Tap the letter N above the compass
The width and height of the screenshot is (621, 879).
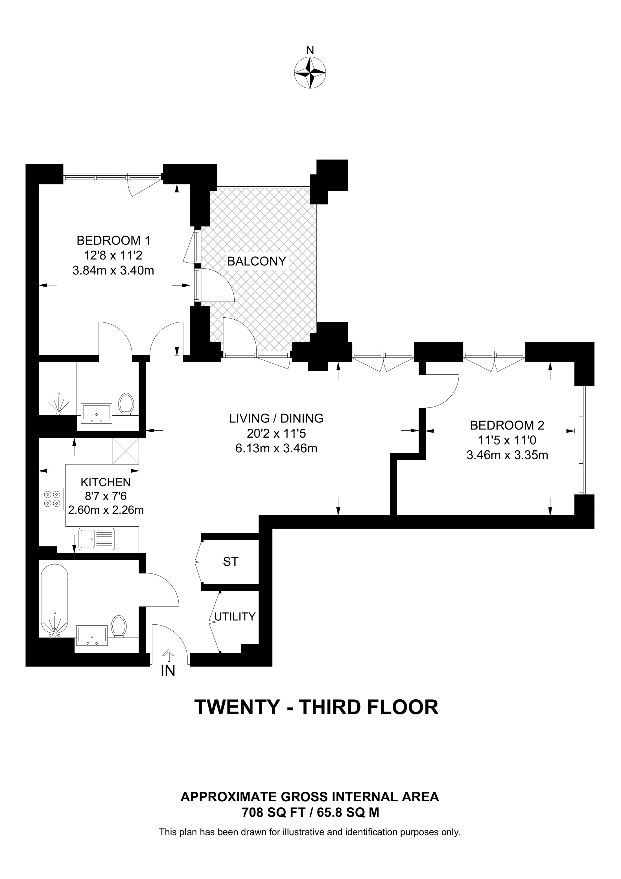coord(310,50)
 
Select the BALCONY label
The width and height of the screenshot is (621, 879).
coord(257,261)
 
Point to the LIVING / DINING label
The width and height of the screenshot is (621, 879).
coord(276,418)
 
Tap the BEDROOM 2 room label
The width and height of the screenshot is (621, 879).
coord(507,425)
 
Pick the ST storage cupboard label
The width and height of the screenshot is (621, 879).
coord(231,562)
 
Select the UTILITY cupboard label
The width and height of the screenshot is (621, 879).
coord(235,616)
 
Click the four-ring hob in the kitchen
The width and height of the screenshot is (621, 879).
coord(52,498)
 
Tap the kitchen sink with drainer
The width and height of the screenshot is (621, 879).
coord(97,539)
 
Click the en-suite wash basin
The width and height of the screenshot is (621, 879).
coord(97,413)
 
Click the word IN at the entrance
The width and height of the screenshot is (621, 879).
coord(168,671)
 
